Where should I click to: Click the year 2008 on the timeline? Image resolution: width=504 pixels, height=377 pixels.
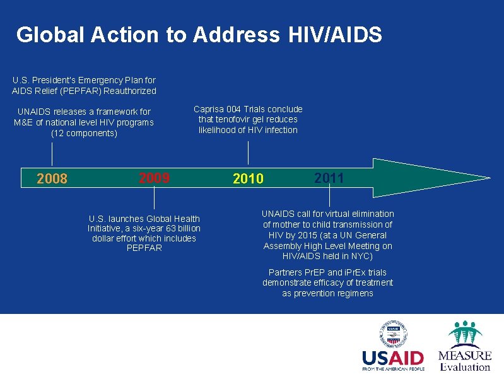(x=52, y=179)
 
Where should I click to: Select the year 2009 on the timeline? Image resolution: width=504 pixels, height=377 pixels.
(x=154, y=178)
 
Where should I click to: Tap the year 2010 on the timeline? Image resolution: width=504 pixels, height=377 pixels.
(x=248, y=179)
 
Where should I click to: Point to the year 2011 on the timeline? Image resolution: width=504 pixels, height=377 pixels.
(x=329, y=178)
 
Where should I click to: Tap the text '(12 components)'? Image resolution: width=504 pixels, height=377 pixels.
(x=84, y=133)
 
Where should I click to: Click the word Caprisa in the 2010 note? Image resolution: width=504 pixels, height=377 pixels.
(x=210, y=109)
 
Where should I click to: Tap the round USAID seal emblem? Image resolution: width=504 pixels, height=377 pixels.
(x=393, y=333)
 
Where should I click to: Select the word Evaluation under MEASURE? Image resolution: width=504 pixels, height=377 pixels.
(x=466, y=367)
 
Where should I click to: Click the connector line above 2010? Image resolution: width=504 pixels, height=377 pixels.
(x=249, y=153)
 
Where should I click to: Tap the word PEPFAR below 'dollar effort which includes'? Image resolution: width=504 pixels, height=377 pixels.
(x=144, y=248)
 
